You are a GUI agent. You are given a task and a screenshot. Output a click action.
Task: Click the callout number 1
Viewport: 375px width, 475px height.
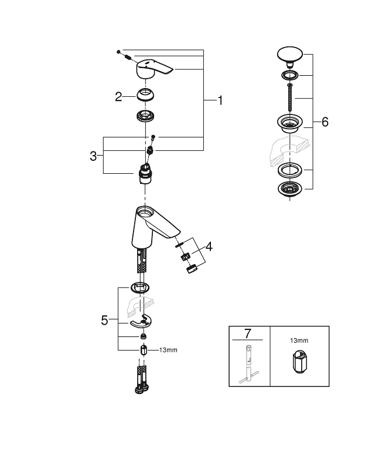pyautogui.click(x=220, y=101)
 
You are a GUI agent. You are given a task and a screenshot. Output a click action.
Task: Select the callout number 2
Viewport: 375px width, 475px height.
pyautogui.click(x=118, y=97)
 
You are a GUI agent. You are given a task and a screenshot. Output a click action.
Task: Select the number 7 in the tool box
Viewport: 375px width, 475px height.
pyautogui.click(x=247, y=333)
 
